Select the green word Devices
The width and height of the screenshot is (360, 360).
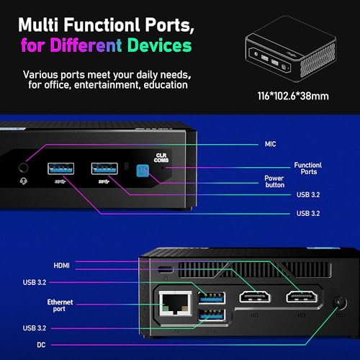click(159, 45)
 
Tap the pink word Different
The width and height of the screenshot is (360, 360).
click(86, 45)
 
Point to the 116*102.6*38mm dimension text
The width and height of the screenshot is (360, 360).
click(293, 96)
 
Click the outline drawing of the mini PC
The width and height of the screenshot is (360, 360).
click(291, 49)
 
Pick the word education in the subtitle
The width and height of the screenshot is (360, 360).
click(166, 85)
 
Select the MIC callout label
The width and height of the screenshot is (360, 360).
click(271, 144)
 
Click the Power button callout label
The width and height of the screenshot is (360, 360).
click(274, 181)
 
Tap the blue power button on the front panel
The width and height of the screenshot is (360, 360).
click(143, 171)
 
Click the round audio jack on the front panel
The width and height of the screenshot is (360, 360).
click(23, 168)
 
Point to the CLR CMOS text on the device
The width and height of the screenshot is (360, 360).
click(161, 158)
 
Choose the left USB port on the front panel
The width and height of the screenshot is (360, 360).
click(60, 168)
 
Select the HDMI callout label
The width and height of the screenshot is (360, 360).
click(62, 266)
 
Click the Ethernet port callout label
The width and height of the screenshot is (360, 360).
click(60, 305)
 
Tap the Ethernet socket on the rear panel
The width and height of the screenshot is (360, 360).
click(176, 303)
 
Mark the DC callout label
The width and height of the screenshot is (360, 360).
click(41, 345)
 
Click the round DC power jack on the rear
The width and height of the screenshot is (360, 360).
click(341, 303)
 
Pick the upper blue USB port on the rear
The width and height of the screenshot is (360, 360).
click(212, 298)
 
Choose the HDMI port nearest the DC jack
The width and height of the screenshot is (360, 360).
click(302, 297)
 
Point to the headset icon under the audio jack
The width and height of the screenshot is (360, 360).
click(23, 181)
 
